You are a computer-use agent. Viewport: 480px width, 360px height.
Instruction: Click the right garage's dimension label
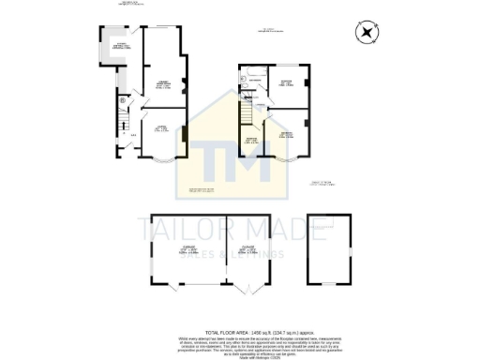click(250, 251)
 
